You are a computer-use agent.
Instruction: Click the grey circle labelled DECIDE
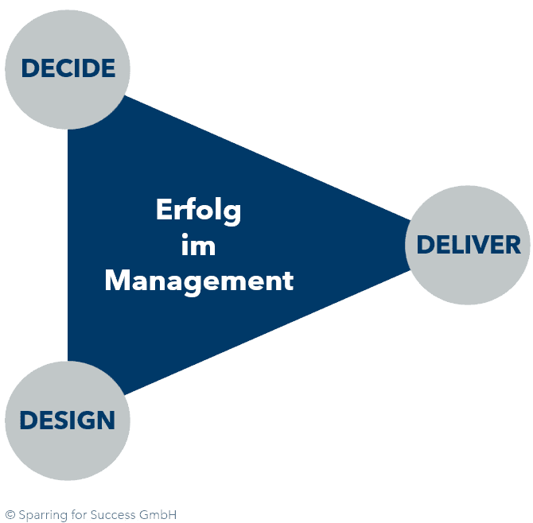tap(68, 68)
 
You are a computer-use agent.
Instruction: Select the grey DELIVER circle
tap(468, 243)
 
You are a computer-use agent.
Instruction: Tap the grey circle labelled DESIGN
tap(68, 419)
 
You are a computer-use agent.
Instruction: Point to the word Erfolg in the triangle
tap(198, 211)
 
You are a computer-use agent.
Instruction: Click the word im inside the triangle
tap(198, 246)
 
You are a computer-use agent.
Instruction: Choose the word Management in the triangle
tap(199, 281)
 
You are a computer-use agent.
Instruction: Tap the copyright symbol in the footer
tap(10, 514)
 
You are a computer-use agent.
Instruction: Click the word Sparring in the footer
tap(39, 514)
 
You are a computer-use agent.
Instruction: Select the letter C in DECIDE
tap(61, 68)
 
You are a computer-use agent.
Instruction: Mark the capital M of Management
tap(117, 281)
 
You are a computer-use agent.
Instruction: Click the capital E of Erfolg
tap(162, 211)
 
